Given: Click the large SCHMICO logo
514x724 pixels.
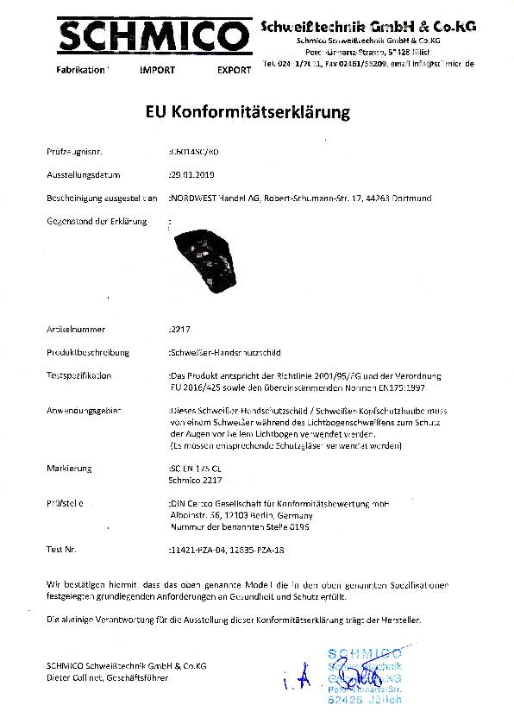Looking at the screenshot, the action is coord(147,36).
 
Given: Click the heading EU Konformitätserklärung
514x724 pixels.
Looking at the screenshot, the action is coord(244,112).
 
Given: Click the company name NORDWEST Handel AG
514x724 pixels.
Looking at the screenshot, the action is coord(214,198).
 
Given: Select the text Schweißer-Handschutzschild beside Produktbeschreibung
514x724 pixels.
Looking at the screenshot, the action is coord(223,352).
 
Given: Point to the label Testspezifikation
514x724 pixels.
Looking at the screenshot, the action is coord(78,376).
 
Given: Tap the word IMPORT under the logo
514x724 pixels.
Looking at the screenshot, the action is coord(157,69).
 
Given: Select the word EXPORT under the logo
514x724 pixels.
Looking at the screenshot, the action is coord(234,69).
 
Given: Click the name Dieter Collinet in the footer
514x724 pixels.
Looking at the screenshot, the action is coord(75,678).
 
